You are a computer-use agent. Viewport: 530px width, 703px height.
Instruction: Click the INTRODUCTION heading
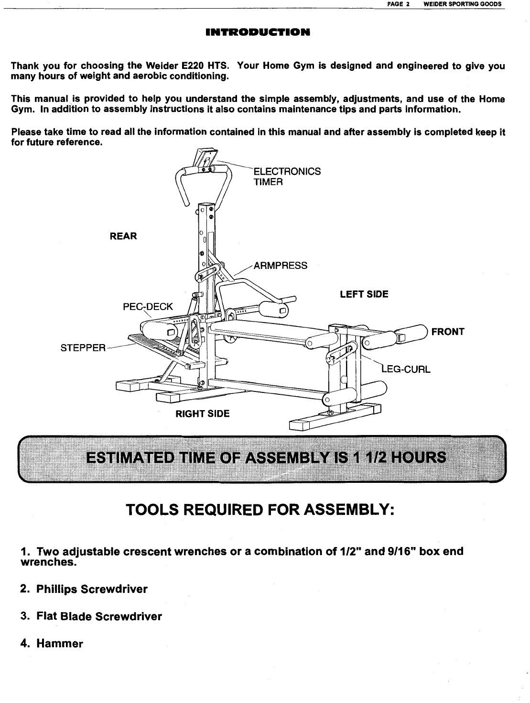pyautogui.click(x=258, y=33)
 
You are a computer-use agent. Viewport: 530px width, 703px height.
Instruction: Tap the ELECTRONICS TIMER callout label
pyautogui.click(x=286, y=177)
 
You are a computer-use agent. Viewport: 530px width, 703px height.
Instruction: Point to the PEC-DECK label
pyautogui.click(x=148, y=307)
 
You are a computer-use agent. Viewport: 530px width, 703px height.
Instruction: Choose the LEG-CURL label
pyautogui.click(x=407, y=369)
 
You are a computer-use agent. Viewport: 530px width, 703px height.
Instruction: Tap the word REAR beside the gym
pyautogui.click(x=123, y=236)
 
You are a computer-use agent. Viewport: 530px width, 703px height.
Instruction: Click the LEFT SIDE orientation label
pyautogui.click(x=364, y=294)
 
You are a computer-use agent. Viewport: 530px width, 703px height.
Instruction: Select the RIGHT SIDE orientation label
pyautogui.click(x=203, y=413)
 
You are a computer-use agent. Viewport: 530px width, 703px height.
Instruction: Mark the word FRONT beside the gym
pyautogui.click(x=448, y=332)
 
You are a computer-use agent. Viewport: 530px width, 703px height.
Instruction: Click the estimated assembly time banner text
pyautogui.click(x=265, y=458)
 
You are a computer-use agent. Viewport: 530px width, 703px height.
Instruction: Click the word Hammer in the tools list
pyautogui.click(x=60, y=644)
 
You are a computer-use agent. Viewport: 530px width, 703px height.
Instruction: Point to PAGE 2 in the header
pyautogui.click(x=397, y=4)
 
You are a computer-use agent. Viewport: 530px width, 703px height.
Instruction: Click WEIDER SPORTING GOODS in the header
pyautogui.click(x=459, y=4)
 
